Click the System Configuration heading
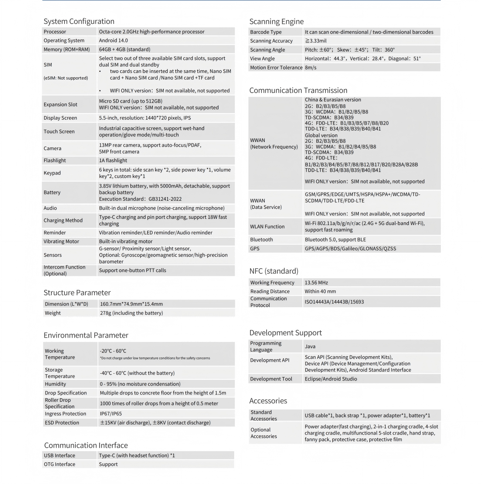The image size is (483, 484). click(79, 22)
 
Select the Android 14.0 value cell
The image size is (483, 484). click(113, 41)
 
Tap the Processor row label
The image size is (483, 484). click(55, 32)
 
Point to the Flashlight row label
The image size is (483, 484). click(55, 161)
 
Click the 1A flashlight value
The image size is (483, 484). click(113, 161)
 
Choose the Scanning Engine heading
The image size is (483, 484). click(276, 22)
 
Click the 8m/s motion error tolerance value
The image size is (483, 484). click(311, 68)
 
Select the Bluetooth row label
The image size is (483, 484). click(261, 240)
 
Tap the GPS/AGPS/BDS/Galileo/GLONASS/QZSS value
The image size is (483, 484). click(350, 249)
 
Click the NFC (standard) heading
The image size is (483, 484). click(274, 271)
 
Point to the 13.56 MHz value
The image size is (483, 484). click(316, 283)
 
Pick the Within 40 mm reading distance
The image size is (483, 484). click(320, 291)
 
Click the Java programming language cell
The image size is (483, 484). click(310, 347)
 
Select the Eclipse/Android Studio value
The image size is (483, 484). click(331, 379)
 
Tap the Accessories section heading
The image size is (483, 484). click(268, 401)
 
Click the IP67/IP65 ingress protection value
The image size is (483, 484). click(111, 414)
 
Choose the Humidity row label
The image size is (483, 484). click(55, 384)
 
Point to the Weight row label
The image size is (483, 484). click(53, 313)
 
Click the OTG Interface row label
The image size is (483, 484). click(60, 464)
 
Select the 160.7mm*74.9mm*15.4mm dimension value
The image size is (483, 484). click(131, 304)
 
